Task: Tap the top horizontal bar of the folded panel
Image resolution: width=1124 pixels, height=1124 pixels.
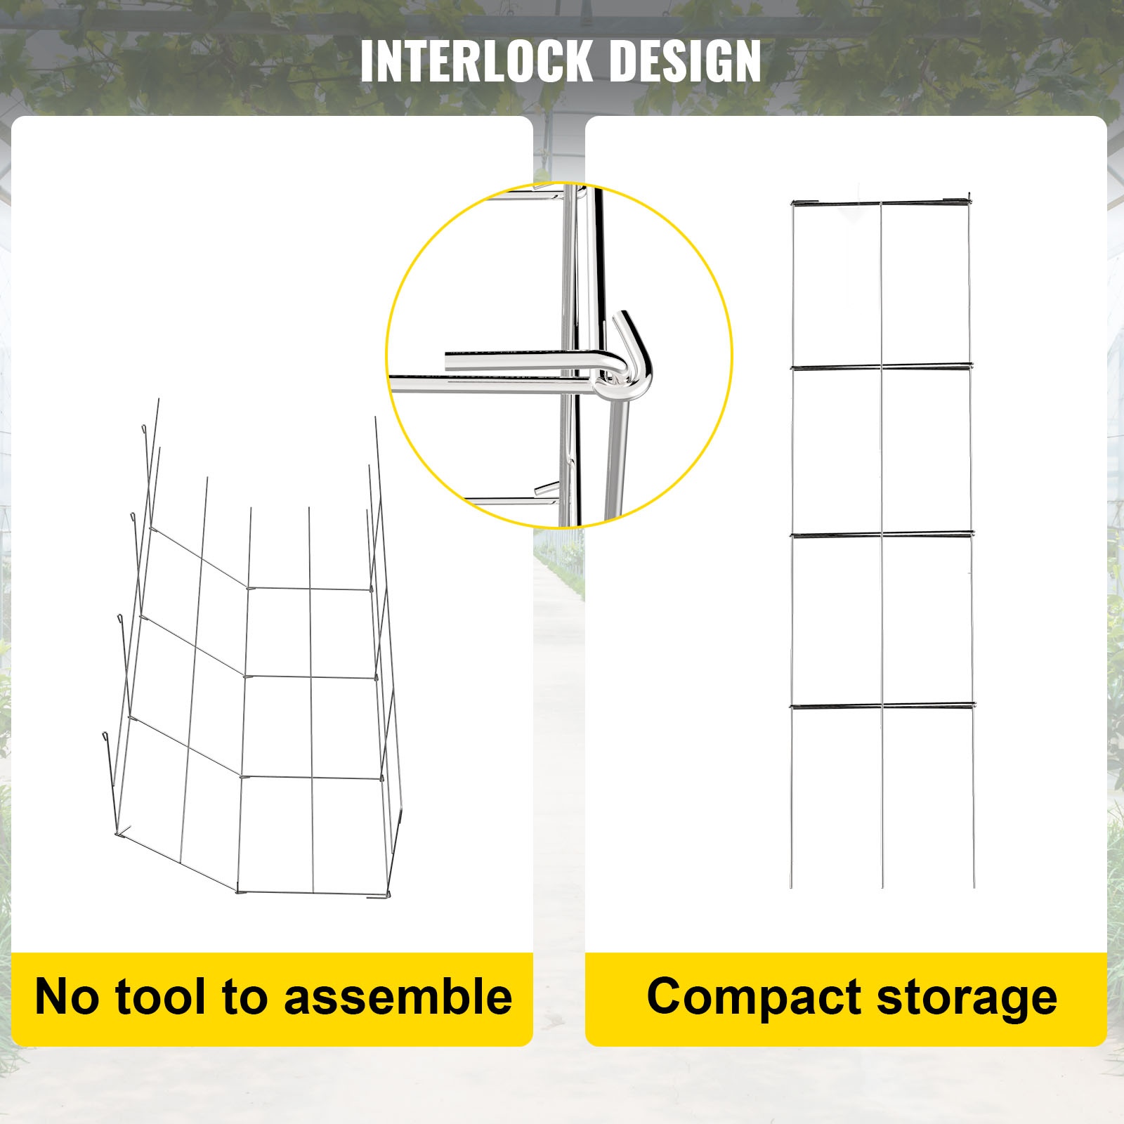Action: click(x=882, y=204)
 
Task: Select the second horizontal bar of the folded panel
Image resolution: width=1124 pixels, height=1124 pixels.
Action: click(x=882, y=365)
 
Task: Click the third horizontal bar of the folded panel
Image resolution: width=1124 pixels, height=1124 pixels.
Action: click(x=882, y=535)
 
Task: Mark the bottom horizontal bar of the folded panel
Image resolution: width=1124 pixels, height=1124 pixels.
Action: click(x=882, y=704)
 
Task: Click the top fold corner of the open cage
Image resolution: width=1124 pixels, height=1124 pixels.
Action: click(x=249, y=587)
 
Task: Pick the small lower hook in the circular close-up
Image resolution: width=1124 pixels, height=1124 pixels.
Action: click(x=546, y=488)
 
